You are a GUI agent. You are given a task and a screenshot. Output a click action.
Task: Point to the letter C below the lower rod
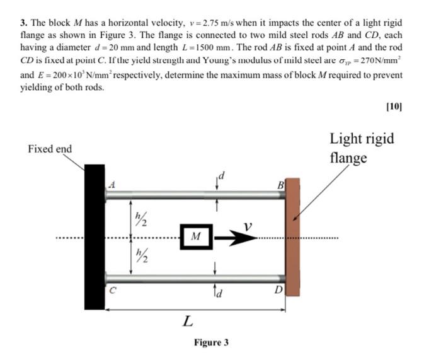tap(113, 291)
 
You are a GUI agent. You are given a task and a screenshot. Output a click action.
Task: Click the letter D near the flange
tap(279, 290)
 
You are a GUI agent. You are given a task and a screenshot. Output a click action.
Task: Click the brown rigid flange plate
tap(293, 240)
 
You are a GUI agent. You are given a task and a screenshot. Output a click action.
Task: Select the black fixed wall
tap(94, 236)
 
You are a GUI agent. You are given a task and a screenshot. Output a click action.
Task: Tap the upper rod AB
tap(195, 194)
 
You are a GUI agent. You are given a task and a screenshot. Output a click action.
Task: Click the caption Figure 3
tap(211, 342)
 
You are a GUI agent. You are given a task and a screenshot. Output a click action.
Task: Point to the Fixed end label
tap(50, 149)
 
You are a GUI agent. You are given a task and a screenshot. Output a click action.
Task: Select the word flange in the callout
tap(347, 158)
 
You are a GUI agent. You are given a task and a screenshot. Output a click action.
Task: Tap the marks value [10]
tap(393, 107)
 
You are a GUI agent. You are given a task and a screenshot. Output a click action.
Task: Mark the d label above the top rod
tap(221, 173)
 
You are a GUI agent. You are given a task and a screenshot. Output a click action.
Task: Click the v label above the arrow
tap(249, 225)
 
